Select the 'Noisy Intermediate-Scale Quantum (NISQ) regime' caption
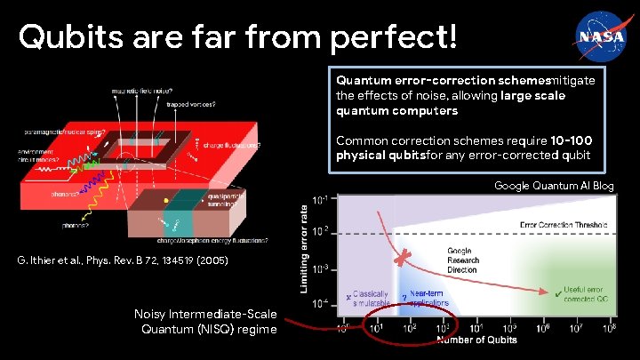coord(205,321)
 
